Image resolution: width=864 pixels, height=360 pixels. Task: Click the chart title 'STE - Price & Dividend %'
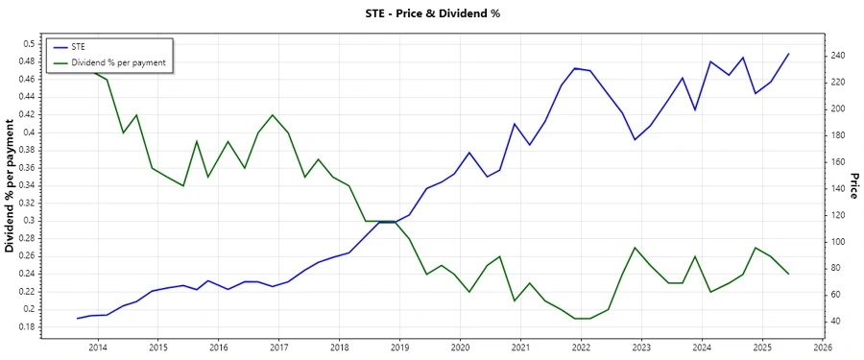click(x=432, y=13)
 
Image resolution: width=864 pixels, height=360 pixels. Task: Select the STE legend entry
click(x=79, y=47)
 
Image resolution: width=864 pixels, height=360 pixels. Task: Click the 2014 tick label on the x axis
click(x=98, y=347)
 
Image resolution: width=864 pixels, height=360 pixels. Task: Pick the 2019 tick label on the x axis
click(x=400, y=347)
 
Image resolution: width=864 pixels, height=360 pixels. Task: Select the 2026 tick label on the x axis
click(x=823, y=347)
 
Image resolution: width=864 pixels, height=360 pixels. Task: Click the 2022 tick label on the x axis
click(x=582, y=347)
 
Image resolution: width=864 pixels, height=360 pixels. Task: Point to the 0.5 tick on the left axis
click(x=28, y=43)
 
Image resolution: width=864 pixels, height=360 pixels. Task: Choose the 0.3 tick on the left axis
click(x=28, y=221)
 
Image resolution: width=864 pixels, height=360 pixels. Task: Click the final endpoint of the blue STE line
click(x=788, y=54)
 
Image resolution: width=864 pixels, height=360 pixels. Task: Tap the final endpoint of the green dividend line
click(x=788, y=275)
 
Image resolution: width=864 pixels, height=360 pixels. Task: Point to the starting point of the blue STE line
click(x=78, y=318)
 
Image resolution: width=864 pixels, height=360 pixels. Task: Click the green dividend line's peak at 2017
click(x=273, y=115)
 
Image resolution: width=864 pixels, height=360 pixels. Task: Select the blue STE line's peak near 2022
click(x=574, y=68)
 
